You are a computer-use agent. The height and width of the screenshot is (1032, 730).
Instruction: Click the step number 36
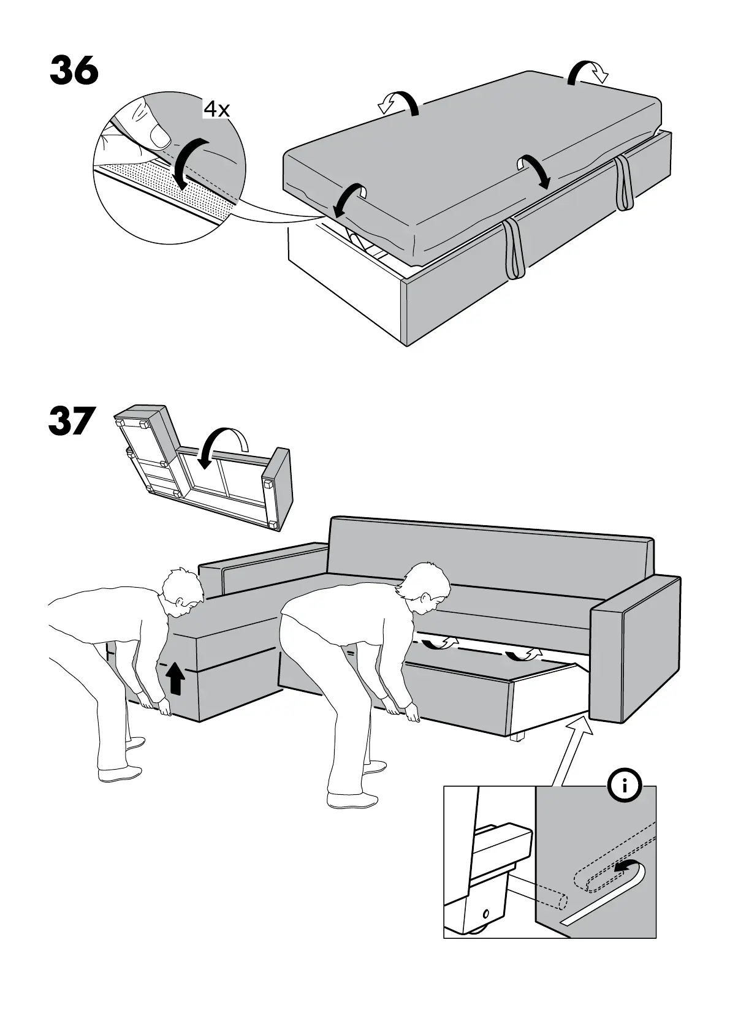coord(74,71)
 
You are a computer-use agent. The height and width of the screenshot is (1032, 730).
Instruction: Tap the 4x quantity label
coord(216,110)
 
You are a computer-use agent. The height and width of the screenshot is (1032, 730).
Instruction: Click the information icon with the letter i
coord(625,785)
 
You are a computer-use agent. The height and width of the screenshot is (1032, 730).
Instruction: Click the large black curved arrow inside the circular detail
coord(190,160)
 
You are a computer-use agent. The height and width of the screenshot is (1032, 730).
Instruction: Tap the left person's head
coord(182,591)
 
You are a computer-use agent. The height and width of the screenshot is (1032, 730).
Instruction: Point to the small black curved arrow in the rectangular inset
coord(627,867)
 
